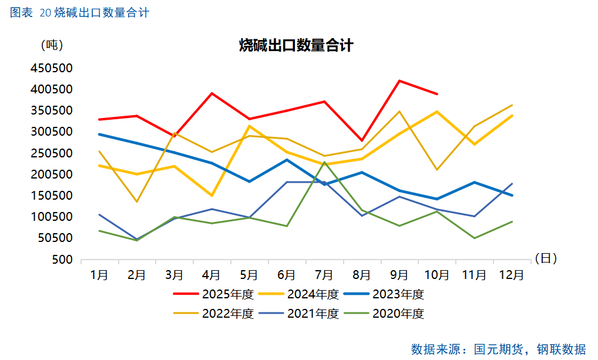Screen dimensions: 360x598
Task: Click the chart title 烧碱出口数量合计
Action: [296, 45]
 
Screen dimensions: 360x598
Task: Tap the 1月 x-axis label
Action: [99, 274]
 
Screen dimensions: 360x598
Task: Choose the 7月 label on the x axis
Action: [324, 274]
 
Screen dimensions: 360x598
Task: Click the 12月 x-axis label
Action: [512, 274]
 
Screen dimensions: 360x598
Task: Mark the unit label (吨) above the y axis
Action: [52, 45]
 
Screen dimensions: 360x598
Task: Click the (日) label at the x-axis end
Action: [546, 258]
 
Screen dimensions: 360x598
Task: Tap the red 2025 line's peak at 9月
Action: [399, 80]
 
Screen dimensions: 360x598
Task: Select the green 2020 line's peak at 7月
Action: [324, 162]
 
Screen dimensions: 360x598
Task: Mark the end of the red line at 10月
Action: [437, 94]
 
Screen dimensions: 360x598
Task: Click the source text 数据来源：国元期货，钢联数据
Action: [499, 349]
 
